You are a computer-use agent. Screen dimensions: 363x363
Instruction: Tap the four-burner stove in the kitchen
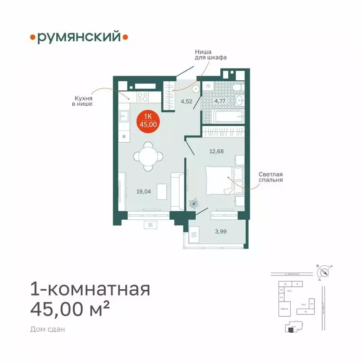coord(142,97)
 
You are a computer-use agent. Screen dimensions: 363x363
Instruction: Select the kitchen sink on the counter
coord(124,115)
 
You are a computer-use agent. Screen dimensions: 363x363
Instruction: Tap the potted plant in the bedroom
coord(193,203)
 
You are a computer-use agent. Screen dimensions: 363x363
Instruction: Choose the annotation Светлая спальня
coord(270,177)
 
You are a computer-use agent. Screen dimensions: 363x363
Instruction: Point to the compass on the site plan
coord(324,272)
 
